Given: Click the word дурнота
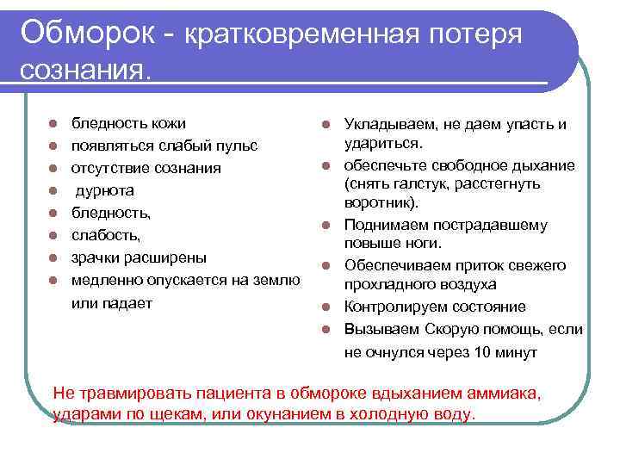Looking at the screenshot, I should [x=105, y=190].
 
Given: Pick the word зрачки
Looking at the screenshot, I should [x=96, y=257].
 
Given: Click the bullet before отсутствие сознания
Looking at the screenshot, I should [x=53, y=168].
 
